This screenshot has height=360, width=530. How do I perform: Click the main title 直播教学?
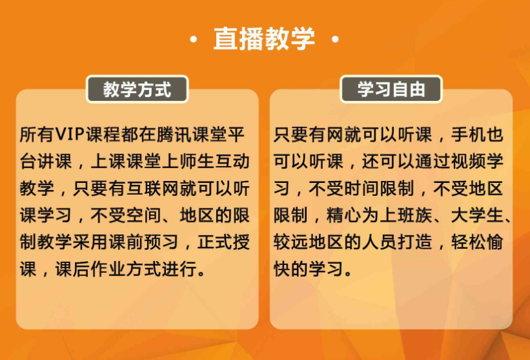point(264,38)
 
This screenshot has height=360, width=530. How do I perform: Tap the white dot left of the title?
point(193,40)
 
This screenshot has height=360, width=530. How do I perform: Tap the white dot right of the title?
point(335,40)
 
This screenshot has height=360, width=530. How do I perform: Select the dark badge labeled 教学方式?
point(137,89)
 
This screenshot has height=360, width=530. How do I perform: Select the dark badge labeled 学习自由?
point(391,89)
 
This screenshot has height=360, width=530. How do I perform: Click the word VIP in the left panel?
point(70,135)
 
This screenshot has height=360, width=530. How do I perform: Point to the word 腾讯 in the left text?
point(174,135)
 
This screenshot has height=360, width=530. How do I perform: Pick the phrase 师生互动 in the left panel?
point(215,161)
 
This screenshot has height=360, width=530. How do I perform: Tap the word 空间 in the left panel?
point(144,215)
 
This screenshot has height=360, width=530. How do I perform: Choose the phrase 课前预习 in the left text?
point(144,242)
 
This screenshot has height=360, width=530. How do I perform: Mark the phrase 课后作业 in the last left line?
point(91,269)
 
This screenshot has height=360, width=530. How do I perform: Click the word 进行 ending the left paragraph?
point(179,269)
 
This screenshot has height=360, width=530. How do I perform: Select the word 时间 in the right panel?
point(361,188)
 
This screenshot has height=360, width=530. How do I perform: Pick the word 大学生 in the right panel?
point(477,215)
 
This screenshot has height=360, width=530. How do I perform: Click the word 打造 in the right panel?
point(415,242)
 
